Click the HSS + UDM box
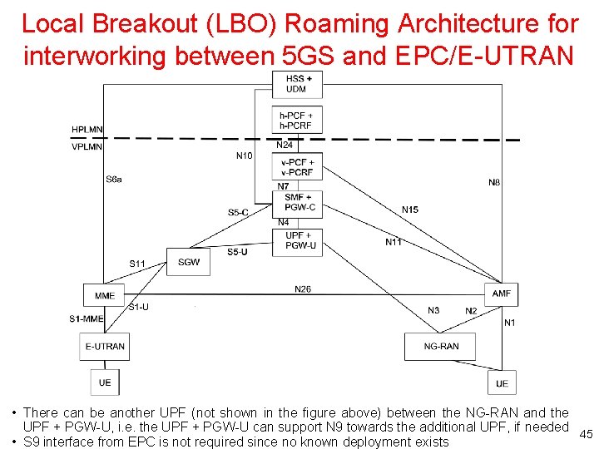[296, 84]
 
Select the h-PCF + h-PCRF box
[296, 121]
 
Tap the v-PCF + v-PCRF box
[297, 167]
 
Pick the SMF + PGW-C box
[297, 202]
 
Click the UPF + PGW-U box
[297, 240]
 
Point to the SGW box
[189, 262]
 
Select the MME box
[105, 295]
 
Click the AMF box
[502, 294]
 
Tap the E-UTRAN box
[105, 346]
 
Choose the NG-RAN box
[441, 346]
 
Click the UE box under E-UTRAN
[105, 382]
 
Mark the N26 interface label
[303, 289]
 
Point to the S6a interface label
[114, 179]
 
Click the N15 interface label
[409, 210]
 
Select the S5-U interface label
[237, 251]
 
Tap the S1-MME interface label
[87, 318]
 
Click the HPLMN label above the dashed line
[87, 130]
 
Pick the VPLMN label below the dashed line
[87, 146]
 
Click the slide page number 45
[586, 434]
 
